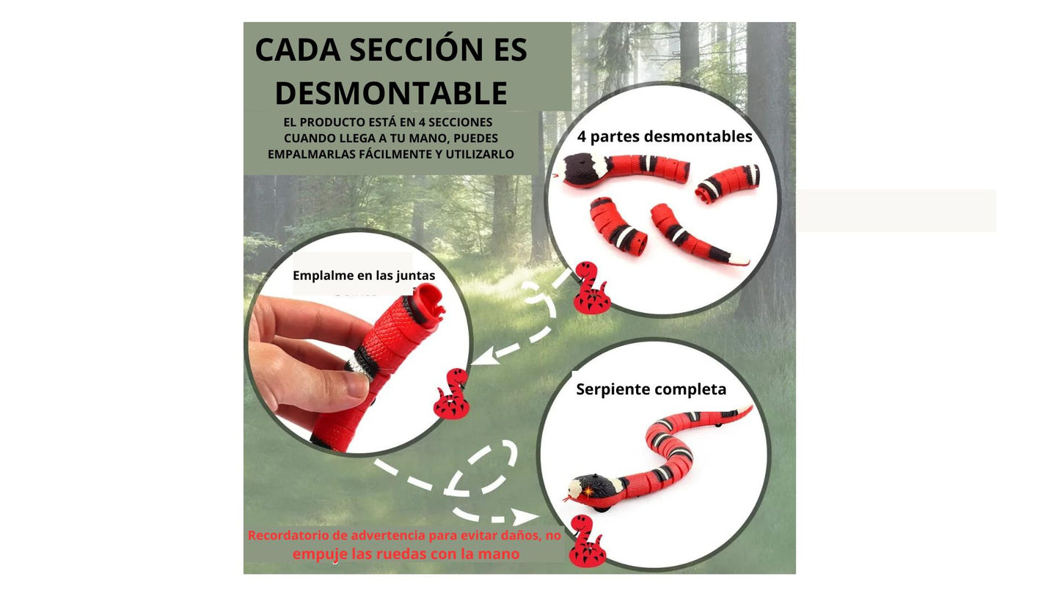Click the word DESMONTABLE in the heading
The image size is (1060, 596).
click(x=391, y=92)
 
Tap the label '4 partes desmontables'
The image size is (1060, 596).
click(x=665, y=136)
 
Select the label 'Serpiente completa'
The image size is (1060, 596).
click(x=651, y=389)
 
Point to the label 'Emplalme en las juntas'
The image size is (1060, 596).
click(x=364, y=276)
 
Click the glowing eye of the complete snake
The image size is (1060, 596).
click(x=588, y=491)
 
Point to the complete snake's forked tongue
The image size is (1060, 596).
click(x=567, y=498)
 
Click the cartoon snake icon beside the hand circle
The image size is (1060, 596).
click(x=452, y=394)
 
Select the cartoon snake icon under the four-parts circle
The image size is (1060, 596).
click(x=591, y=287)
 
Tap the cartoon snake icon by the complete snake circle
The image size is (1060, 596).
click(x=588, y=541)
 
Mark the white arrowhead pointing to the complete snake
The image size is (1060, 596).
click(x=525, y=517)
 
